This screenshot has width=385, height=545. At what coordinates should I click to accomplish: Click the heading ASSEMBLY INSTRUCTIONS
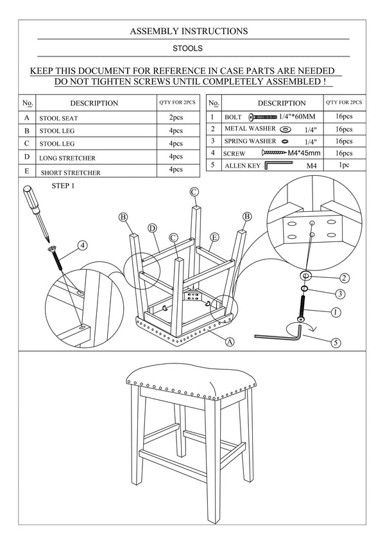point(189,31)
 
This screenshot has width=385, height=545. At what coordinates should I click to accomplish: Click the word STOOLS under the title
point(189,48)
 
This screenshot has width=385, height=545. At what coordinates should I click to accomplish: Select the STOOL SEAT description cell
point(58,119)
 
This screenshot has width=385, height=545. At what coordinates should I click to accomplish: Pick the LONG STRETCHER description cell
point(67,158)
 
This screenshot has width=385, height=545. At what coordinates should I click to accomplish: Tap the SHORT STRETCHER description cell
point(71,173)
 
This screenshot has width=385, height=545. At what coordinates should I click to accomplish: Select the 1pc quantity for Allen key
point(344,165)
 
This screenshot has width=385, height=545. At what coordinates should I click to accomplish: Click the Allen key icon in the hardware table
point(277,166)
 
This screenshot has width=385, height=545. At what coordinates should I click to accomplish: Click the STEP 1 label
point(63,186)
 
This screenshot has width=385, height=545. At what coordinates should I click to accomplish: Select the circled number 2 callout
point(344,278)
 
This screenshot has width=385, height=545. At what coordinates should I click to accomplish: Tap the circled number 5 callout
point(335,342)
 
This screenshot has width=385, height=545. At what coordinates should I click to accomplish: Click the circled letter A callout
point(229,342)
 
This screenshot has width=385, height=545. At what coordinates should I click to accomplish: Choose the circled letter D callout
point(153,228)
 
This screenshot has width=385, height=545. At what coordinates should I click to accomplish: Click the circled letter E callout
point(215,238)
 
